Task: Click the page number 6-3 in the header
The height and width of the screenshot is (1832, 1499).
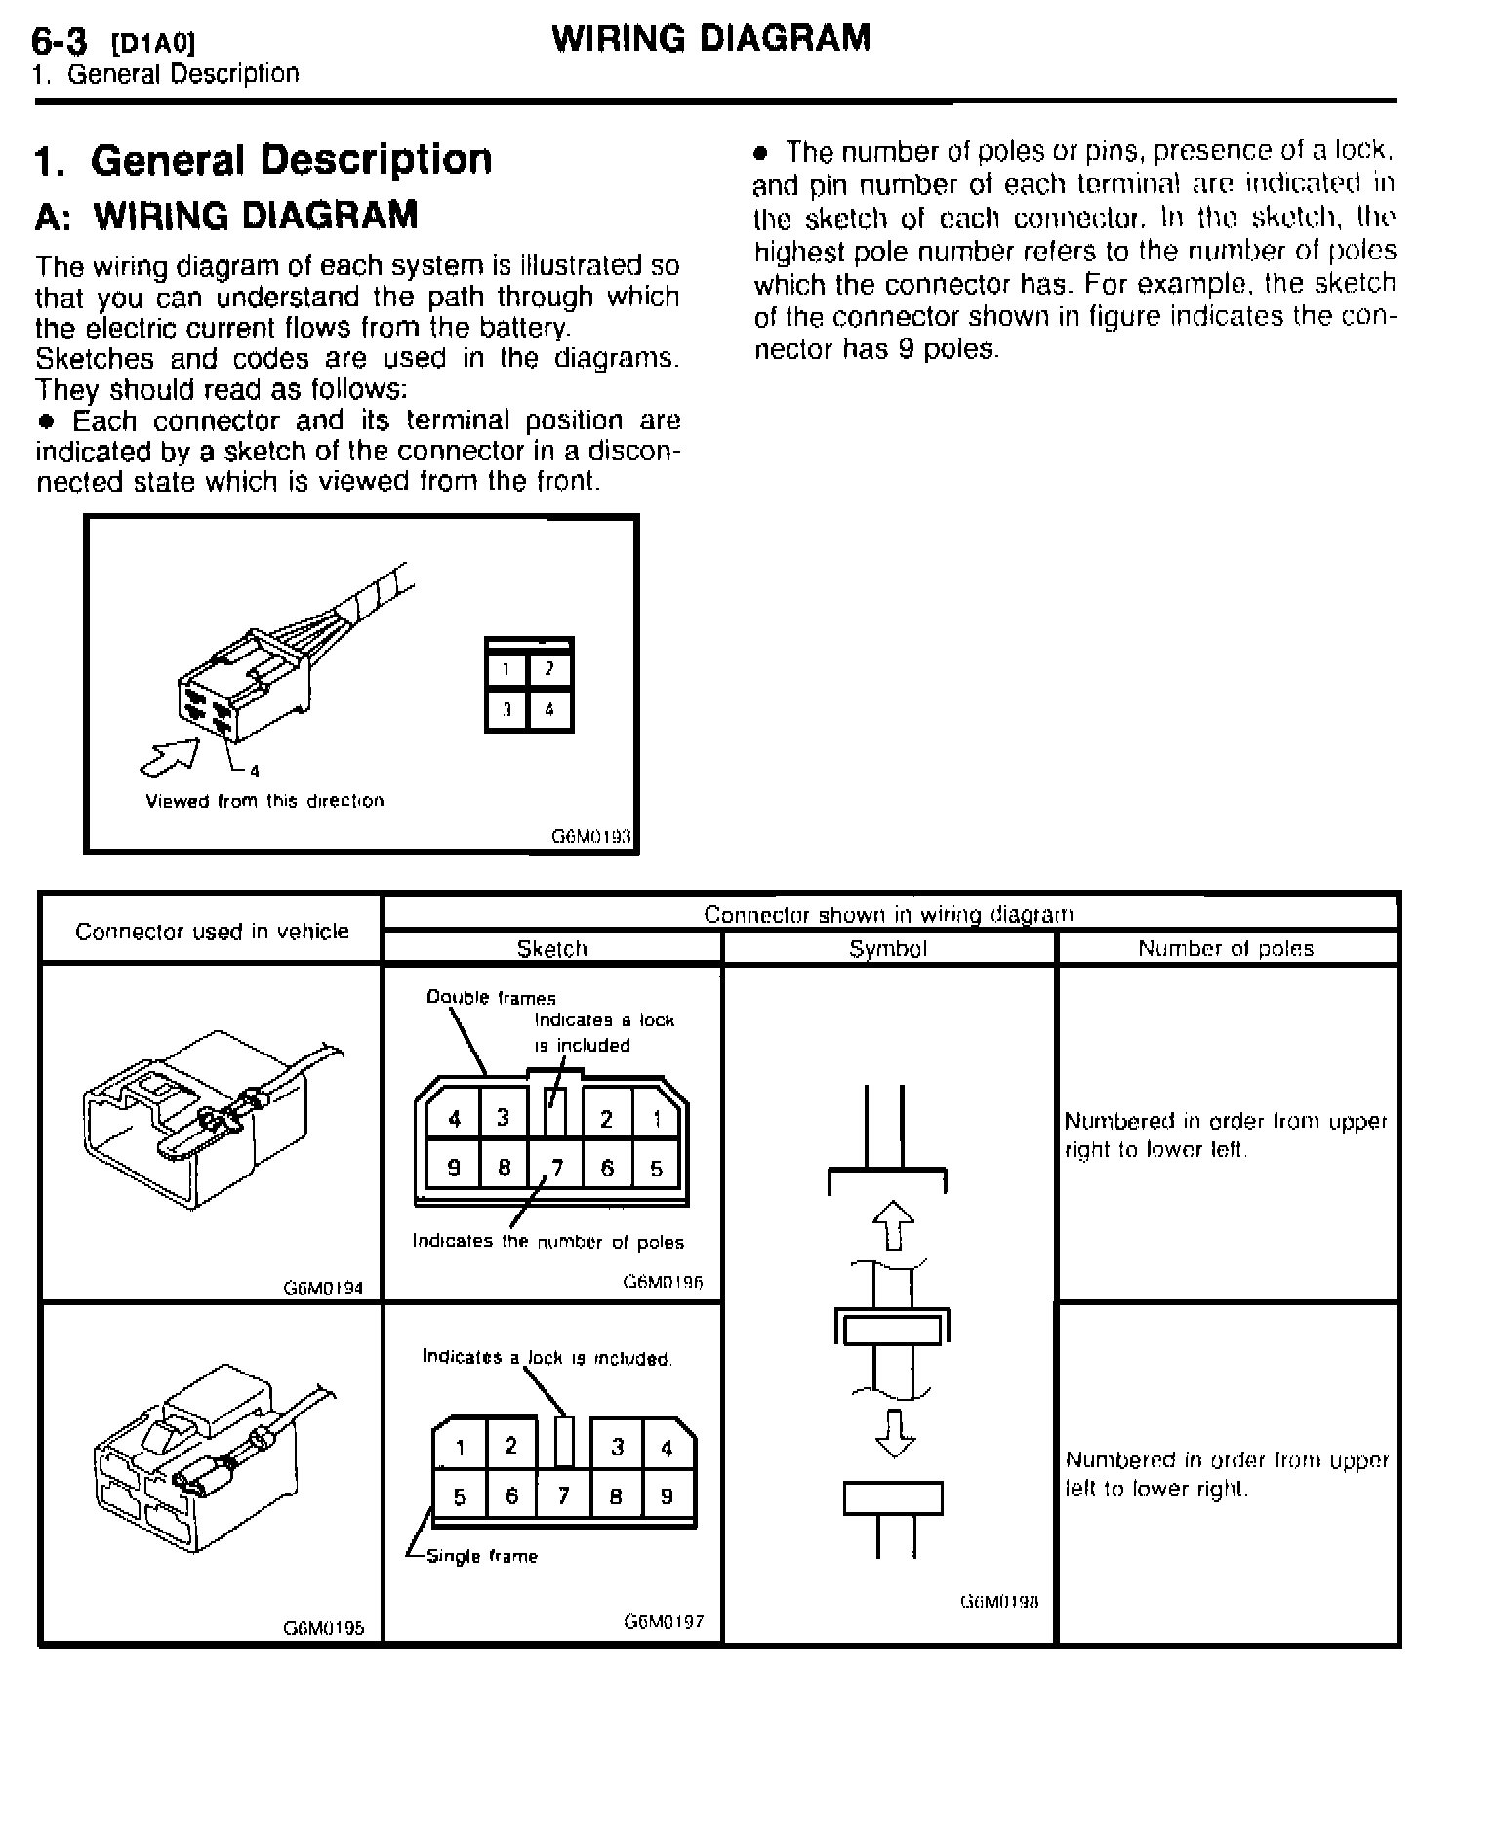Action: point(60,40)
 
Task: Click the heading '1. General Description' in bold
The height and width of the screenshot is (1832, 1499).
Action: point(263,160)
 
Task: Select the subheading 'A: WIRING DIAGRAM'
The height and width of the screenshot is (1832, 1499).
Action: point(226,216)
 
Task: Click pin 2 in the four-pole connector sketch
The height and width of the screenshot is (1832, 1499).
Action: point(549,669)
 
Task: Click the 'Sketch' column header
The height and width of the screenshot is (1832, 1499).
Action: point(551,948)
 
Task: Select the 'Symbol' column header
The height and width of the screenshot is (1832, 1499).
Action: point(888,948)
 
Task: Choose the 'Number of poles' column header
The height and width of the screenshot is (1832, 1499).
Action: point(1226,948)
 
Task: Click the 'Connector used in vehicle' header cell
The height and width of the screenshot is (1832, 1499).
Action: point(212,932)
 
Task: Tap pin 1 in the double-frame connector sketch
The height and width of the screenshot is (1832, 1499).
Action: point(657,1119)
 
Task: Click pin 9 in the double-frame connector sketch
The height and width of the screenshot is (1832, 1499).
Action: point(454,1168)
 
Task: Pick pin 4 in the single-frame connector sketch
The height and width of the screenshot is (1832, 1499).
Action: point(668,1448)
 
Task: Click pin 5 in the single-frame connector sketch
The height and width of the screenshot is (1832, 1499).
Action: point(460,1495)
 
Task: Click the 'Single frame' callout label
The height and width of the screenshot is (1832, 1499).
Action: point(482,1556)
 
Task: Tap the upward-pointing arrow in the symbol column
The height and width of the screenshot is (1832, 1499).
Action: point(893,1224)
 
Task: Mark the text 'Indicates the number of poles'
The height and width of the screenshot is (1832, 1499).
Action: point(547,1242)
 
